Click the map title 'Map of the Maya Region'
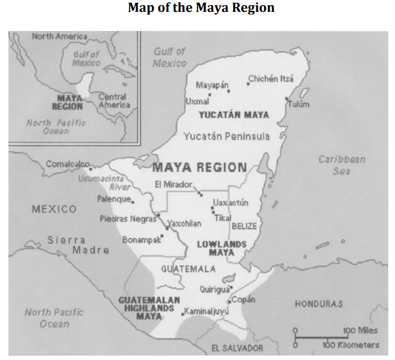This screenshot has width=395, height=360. [201, 8]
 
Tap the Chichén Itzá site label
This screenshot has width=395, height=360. [271, 79]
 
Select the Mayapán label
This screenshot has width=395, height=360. [212, 85]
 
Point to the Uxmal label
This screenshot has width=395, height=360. [197, 101]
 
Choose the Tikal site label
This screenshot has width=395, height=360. [223, 218]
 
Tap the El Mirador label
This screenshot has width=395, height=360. [174, 184]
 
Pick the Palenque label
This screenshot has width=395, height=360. [114, 199]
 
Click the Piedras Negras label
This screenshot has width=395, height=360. [128, 218]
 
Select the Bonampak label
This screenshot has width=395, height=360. [141, 240]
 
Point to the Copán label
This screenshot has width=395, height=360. [244, 299]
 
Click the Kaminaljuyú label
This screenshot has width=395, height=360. [207, 310]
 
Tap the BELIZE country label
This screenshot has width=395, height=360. [244, 226]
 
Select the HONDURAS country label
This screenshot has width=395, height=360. [318, 304]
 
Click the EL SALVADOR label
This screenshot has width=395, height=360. [237, 348]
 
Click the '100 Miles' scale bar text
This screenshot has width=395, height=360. [360, 330]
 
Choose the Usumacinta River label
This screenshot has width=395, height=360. [104, 182]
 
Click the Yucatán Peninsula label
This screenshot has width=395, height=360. [226, 136]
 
